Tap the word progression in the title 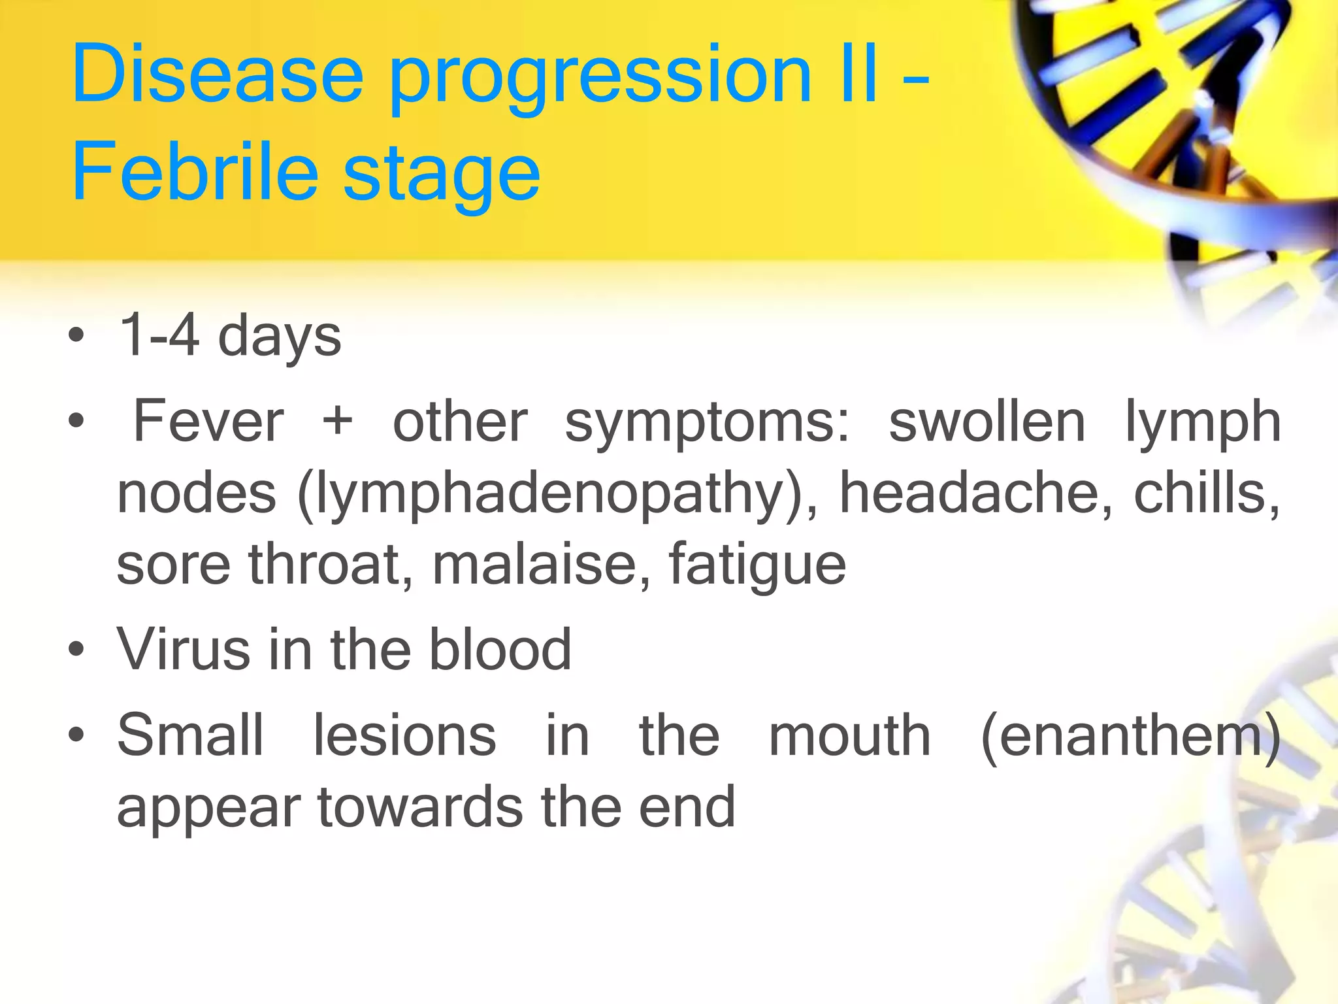[600, 77]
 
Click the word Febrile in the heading [195, 173]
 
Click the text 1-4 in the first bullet [159, 335]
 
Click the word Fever [208, 422]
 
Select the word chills [1206, 494]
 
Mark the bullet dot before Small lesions [76, 735]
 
